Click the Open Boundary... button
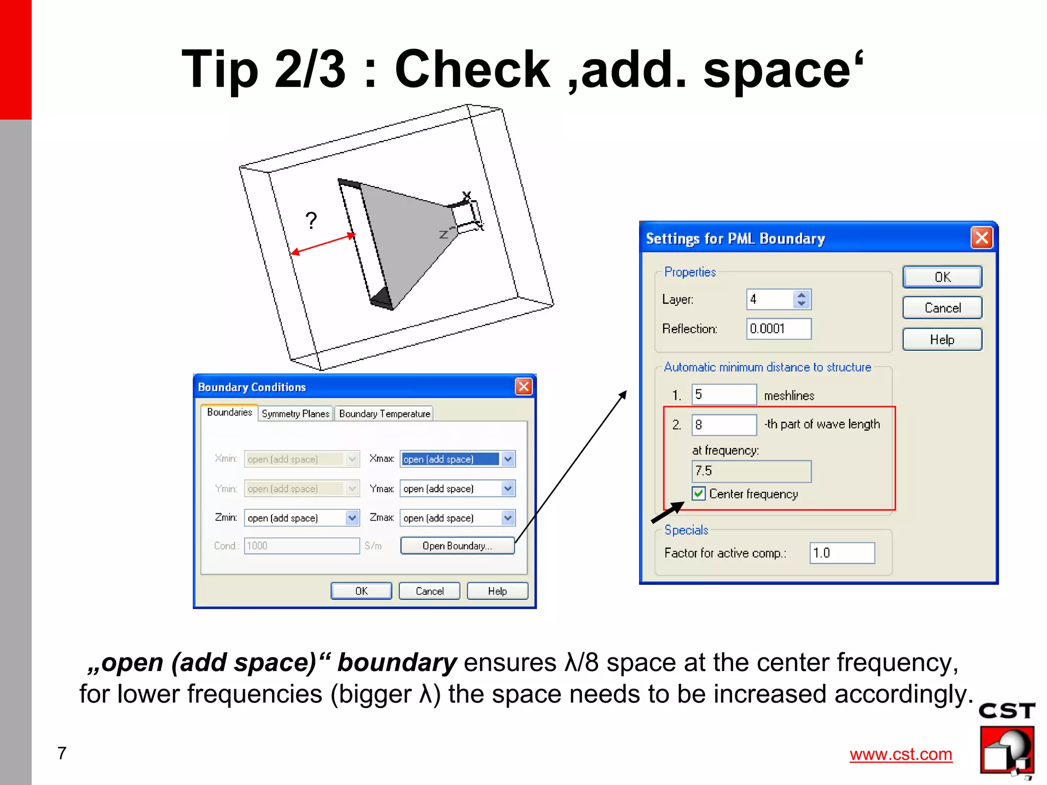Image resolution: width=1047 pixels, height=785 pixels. (457, 545)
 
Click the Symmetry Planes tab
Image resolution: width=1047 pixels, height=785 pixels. (295, 414)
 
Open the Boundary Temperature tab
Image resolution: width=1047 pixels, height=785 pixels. (384, 414)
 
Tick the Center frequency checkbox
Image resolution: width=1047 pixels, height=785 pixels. (698, 494)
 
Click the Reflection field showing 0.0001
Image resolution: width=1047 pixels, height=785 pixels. (778, 329)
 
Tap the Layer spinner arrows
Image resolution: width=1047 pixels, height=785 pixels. (801, 299)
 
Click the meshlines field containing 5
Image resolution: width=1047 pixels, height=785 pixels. (723, 395)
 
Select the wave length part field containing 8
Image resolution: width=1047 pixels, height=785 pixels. (723, 424)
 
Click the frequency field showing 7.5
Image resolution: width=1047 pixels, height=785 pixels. (750, 471)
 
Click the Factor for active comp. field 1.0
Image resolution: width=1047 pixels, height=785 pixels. (841, 553)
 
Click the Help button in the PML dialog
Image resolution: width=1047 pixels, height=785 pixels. (942, 340)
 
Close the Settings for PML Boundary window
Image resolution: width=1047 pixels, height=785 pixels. (982, 238)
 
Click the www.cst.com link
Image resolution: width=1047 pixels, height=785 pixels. (901, 754)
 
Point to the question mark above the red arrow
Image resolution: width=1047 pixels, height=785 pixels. (311, 221)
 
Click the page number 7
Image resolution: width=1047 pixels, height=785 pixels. (62, 753)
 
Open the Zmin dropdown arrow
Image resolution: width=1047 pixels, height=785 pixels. (352, 518)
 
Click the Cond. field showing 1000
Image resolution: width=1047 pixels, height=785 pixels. (302, 545)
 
